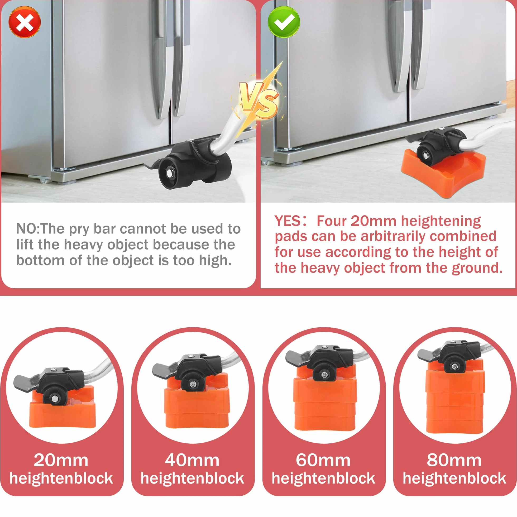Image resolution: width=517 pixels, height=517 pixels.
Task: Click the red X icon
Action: tap(25, 22)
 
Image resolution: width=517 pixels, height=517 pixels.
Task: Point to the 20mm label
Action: tap(61, 461)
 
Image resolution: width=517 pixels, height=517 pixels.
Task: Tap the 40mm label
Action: tap(192, 461)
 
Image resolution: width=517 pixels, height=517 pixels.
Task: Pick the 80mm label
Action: tap(454, 461)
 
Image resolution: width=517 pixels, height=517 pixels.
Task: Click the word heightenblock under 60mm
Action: tap(324, 478)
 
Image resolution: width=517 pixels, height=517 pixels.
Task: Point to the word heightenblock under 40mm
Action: tap(192, 478)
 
